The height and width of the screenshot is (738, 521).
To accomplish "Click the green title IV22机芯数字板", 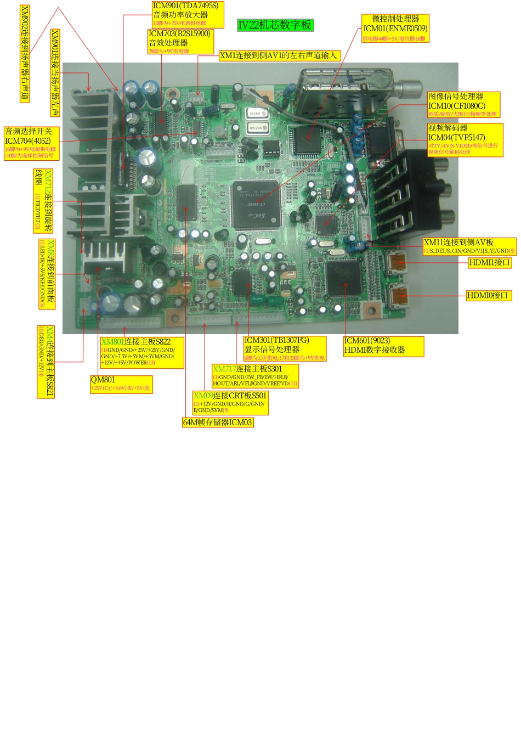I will click(275, 25).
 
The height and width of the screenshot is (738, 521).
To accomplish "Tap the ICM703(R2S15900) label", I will click(179, 33).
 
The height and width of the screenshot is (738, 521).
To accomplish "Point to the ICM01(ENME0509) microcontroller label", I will click(395, 29).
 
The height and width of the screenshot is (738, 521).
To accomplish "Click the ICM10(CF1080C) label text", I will click(456, 106).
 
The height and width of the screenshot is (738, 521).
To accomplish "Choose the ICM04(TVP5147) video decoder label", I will click(456, 138).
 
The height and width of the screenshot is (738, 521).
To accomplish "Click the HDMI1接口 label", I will click(490, 263).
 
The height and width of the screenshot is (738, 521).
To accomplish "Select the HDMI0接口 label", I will click(488, 296).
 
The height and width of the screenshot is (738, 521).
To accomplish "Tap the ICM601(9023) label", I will click(367, 341).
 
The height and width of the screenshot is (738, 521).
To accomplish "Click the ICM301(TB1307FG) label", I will click(277, 341).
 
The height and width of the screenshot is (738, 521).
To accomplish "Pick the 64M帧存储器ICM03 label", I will click(218, 422).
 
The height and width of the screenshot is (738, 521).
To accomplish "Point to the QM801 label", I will click(103, 380).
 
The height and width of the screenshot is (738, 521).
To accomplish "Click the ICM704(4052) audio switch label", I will click(28, 141).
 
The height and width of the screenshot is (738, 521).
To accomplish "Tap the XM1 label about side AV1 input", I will click(279, 55).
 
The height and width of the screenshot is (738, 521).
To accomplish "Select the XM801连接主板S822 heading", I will click(136, 342).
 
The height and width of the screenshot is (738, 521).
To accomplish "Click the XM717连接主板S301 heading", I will click(247, 369).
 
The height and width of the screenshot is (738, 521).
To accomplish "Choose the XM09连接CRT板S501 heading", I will click(230, 396).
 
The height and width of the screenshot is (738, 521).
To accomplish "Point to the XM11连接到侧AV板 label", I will click(458, 243).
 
